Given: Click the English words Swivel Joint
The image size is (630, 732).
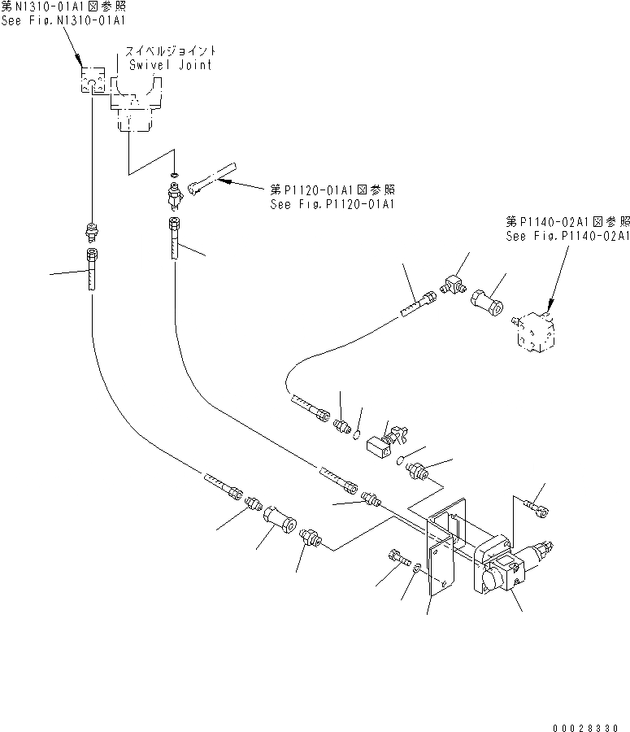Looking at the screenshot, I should click(168, 65).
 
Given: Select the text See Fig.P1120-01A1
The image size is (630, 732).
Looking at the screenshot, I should click(332, 204).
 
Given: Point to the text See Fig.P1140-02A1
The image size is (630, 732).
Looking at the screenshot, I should click(567, 237).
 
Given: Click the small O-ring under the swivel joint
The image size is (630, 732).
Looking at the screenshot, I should click(175, 174).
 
